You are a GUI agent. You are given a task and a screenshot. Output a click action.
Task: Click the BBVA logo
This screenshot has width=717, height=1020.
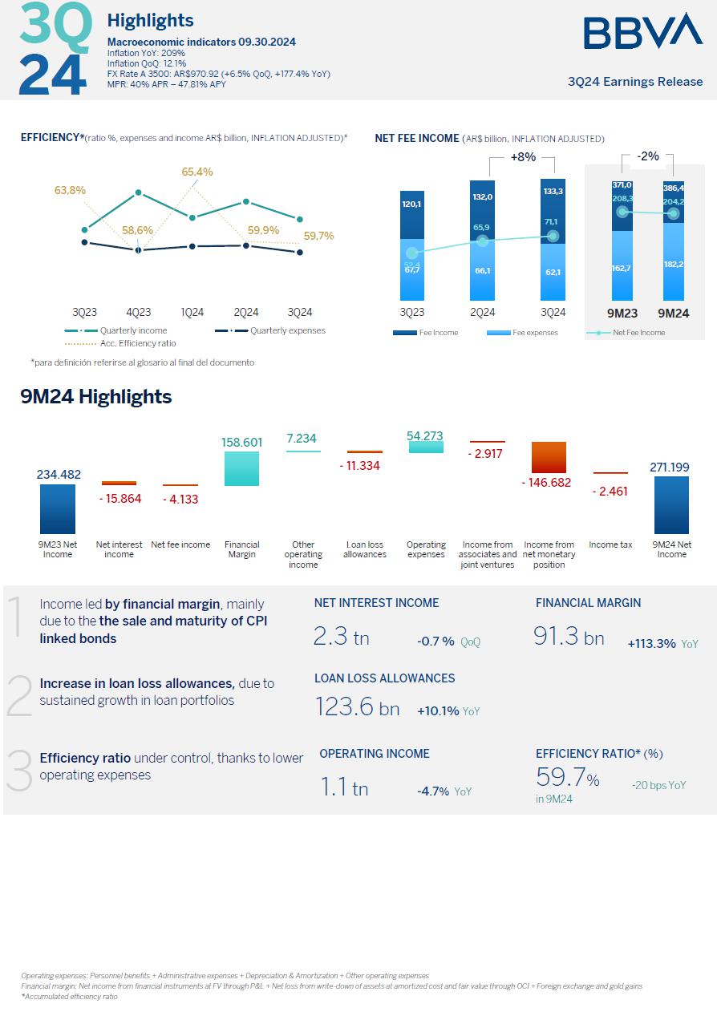642,31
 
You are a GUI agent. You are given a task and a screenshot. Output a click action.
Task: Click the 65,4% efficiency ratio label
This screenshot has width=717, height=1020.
197,172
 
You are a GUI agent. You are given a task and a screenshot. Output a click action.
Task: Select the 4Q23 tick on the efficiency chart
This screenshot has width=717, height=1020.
139,312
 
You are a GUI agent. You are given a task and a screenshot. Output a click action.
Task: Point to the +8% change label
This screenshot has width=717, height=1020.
522,157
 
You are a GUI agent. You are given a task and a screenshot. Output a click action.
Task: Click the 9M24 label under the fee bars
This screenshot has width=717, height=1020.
674,313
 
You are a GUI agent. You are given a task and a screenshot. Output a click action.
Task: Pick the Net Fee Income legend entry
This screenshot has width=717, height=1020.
638,333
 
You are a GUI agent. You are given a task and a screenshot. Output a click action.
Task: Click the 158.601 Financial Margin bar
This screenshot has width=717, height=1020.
241,468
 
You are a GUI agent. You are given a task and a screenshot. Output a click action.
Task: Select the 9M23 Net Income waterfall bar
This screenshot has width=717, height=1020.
58,508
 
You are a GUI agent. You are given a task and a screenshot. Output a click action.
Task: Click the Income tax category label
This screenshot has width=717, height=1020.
610,545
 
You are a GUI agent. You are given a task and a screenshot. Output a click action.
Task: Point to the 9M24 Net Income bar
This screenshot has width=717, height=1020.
671,505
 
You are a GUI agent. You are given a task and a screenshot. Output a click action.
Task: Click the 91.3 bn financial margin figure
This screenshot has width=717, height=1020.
569,637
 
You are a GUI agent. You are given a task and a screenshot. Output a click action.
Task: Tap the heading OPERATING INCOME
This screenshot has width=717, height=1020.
375,754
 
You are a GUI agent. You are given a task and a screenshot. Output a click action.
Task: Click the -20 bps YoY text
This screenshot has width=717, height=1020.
658,786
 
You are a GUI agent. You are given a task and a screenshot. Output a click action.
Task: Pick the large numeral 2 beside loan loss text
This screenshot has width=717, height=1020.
19,694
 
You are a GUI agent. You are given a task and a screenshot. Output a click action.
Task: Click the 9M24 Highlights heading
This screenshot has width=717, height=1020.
96,396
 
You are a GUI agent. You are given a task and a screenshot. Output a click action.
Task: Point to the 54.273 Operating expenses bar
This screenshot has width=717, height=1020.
426,447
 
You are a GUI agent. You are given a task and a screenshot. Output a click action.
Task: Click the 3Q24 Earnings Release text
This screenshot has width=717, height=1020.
634,82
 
